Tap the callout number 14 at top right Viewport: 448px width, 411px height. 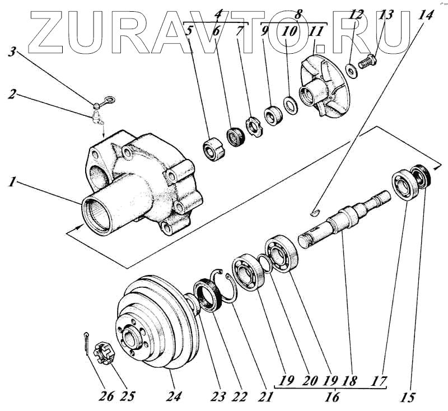[x=427, y=15]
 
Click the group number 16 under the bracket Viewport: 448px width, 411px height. [x=333, y=398]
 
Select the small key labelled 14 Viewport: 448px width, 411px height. [x=315, y=212]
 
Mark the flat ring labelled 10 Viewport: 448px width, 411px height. [x=291, y=104]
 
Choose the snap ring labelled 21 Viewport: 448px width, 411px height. [x=227, y=287]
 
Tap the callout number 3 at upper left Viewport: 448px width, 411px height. [x=11, y=53]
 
